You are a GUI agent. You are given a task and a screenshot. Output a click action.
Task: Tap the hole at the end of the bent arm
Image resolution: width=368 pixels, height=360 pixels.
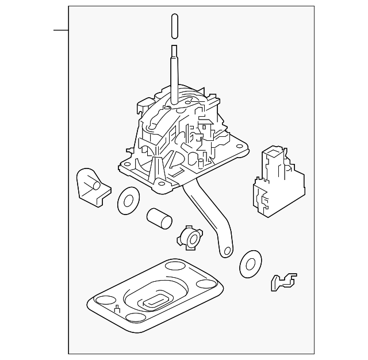(227, 251)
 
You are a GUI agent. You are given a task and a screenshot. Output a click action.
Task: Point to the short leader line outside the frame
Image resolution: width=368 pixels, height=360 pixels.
(60, 29)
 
